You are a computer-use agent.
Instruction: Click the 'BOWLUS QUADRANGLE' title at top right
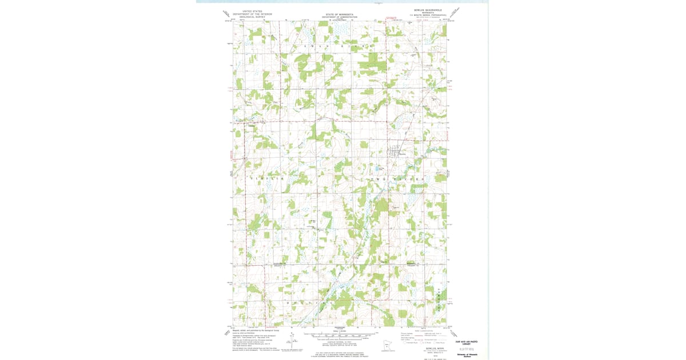click(x=428, y=10)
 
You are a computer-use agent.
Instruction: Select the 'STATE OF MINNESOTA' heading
click(x=340, y=14)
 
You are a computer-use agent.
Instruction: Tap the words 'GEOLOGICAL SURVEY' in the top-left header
click(x=253, y=17)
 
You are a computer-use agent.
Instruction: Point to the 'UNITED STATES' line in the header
click(x=253, y=11)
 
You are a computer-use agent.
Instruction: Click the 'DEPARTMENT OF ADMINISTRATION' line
click(x=340, y=17)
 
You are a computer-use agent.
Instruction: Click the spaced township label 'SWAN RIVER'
click(x=337, y=45)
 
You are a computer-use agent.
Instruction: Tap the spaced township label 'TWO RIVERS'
click(x=398, y=179)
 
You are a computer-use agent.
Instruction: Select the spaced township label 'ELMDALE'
click(x=266, y=179)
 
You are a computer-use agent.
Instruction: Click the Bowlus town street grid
click(x=396, y=152)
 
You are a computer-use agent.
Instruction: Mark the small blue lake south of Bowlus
click(x=380, y=169)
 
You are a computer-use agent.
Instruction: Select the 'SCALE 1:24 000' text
click(x=340, y=331)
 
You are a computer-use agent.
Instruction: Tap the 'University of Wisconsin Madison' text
click(x=466, y=355)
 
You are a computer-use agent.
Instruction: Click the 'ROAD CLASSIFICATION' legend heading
click(x=424, y=330)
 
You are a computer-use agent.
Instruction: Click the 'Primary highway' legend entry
click(x=406, y=333)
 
